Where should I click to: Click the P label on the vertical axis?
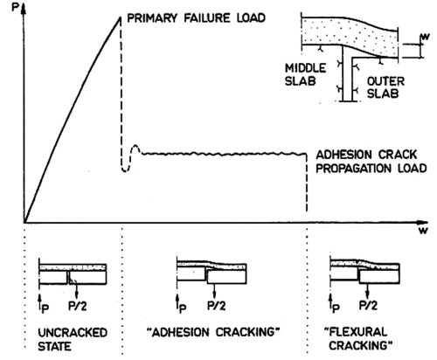point(15,7)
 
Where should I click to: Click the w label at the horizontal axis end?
point(423,231)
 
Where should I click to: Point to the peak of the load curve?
point(120,17)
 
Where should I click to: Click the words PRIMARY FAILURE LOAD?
point(197,18)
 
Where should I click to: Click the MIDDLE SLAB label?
point(305,74)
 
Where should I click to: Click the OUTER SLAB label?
point(385,87)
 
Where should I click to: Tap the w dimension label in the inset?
point(426,37)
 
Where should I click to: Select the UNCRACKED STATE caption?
point(73,339)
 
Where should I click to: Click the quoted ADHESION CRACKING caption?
point(213,332)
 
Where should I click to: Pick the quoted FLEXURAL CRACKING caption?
point(358,338)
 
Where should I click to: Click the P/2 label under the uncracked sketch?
point(78,306)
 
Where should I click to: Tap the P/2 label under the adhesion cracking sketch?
point(217,306)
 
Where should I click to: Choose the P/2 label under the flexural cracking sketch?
point(368,305)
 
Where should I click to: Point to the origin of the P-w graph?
point(24,223)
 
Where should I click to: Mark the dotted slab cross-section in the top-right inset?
point(350,36)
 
